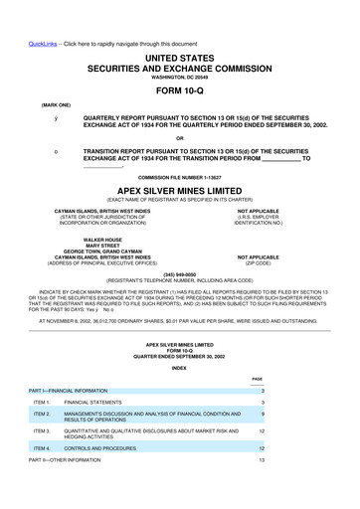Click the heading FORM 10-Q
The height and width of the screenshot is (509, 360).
(179, 75)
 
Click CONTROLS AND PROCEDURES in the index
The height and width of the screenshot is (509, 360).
(114, 449)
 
